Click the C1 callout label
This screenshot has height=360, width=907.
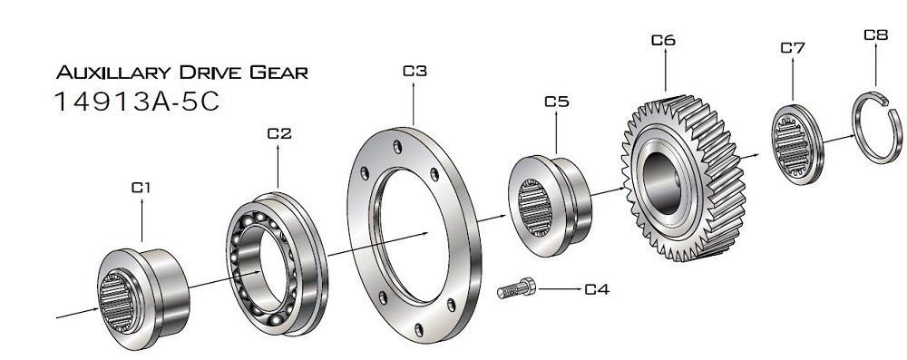(x=141, y=188)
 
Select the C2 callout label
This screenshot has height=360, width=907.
(x=278, y=133)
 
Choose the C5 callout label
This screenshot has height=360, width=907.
(x=556, y=102)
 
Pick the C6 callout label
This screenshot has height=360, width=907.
(x=663, y=40)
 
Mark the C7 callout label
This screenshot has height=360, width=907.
(x=793, y=47)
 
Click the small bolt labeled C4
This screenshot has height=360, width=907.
(x=517, y=289)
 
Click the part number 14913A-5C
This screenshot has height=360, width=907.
(x=137, y=102)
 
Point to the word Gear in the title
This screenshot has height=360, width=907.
(x=279, y=73)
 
